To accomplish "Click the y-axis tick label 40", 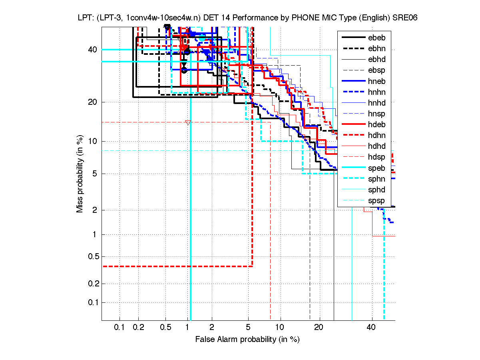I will click(x=92, y=50).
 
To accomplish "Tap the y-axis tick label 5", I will click(x=95, y=174).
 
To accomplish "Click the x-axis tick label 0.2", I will click(x=139, y=328).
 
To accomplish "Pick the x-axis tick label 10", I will click(x=281, y=328).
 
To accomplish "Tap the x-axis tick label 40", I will click(x=371, y=328).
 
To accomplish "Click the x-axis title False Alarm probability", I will click(x=247, y=339).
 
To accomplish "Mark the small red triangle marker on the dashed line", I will click(x=188, y=122).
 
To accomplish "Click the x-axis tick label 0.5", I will click(x=165, y=328).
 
